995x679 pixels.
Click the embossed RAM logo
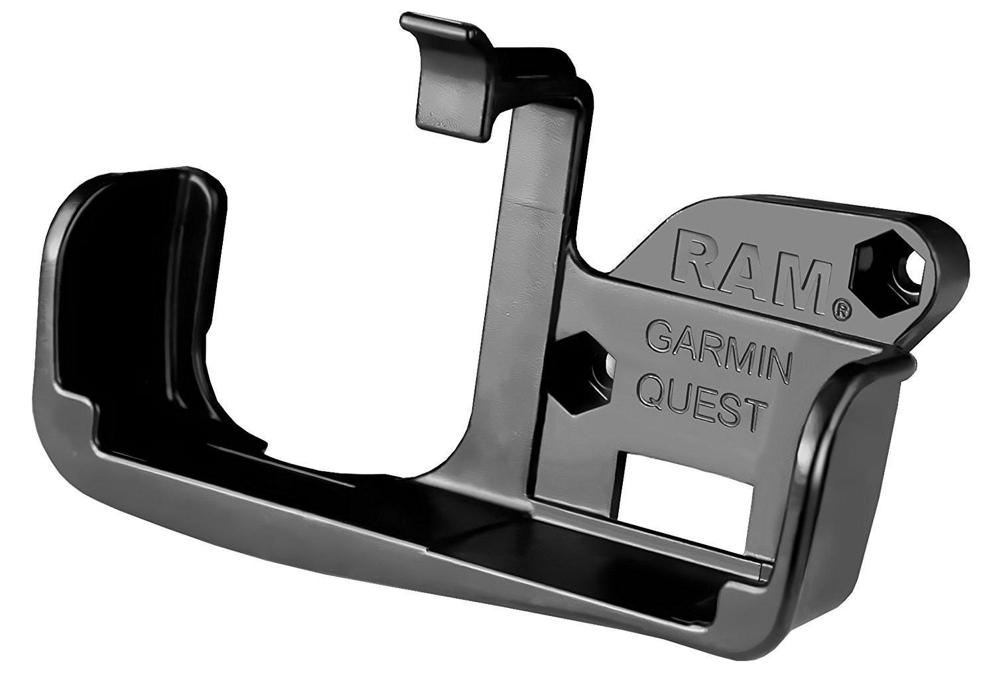(751, 279)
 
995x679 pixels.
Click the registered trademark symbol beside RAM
(843, 313)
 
